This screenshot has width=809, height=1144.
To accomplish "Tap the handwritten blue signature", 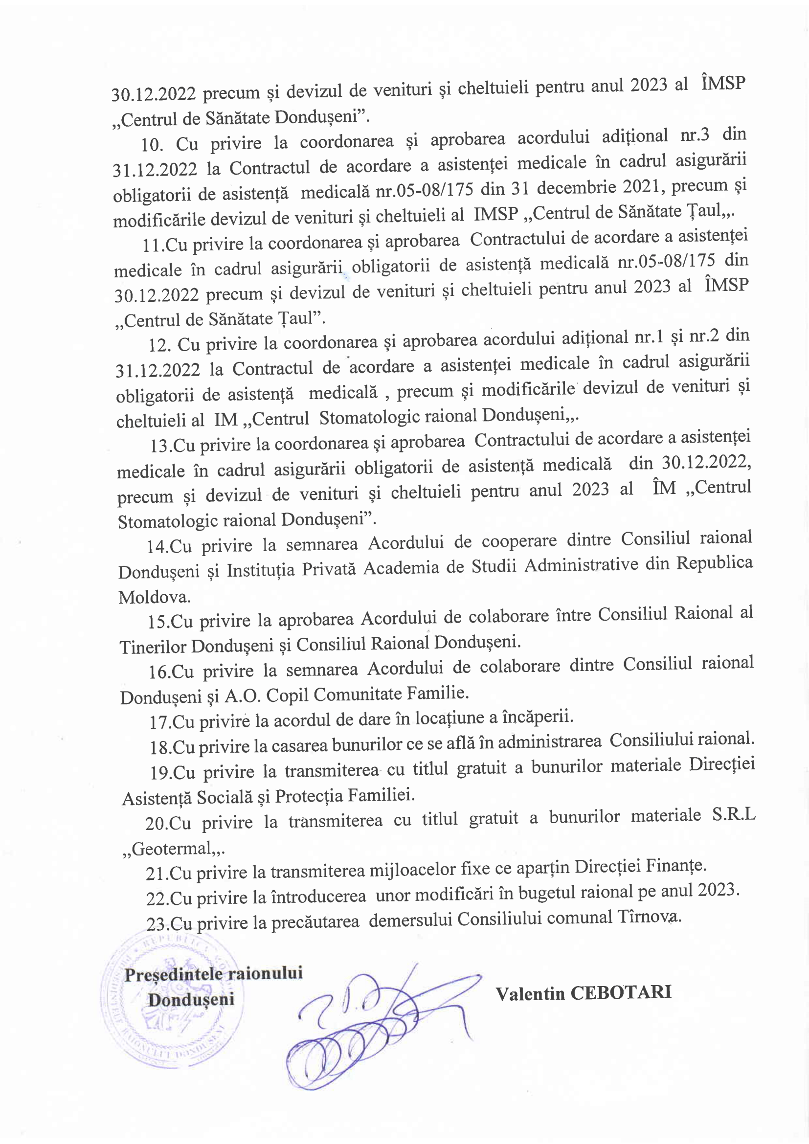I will (x=379, y=1027).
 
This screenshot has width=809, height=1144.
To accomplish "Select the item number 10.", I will (x=152, y=145).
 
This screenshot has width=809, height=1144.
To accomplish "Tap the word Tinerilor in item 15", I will (x=153, y=646).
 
